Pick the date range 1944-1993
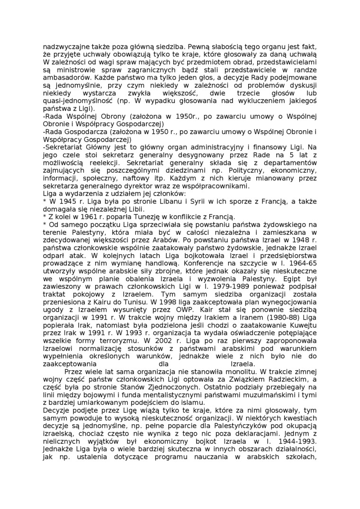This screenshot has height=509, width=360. [301, 442]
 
